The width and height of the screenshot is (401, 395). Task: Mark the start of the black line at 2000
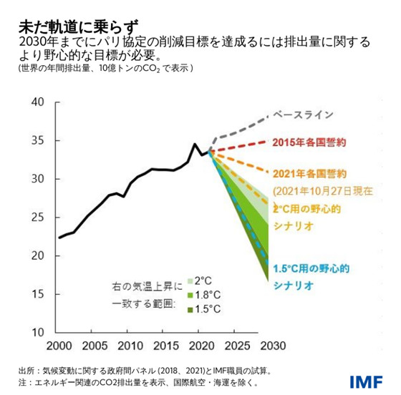[59, 238]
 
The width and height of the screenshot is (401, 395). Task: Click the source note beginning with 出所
[143, 371]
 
